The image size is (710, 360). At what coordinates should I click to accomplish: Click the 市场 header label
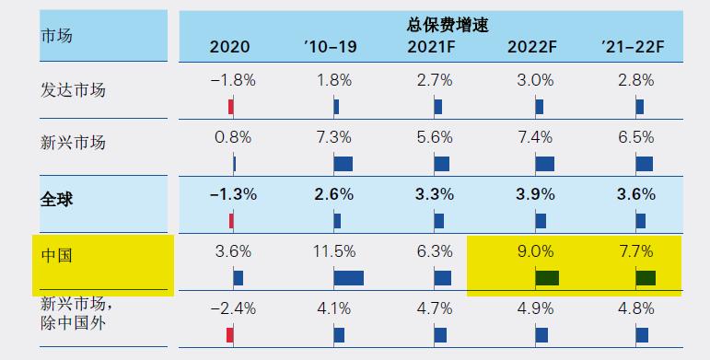tap(57, 36)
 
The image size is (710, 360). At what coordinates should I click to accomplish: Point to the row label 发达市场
tap(74, 90)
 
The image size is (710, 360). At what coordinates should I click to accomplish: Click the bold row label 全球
tap(57, 196)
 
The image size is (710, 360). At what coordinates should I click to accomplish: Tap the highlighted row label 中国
tap(57, 253)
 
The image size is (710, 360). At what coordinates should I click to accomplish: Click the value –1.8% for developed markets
tap(232, 80)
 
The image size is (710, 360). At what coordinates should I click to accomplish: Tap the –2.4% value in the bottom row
tap(232, 308)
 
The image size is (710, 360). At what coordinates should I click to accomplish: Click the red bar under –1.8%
tap(231, 107)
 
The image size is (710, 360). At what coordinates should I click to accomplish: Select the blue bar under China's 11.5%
tap(348, 278)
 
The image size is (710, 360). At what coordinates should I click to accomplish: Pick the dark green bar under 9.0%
tap(548, 278)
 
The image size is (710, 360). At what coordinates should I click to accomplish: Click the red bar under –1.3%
tap(231, 221)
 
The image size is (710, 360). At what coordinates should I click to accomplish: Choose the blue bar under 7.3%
tap(343, 164)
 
